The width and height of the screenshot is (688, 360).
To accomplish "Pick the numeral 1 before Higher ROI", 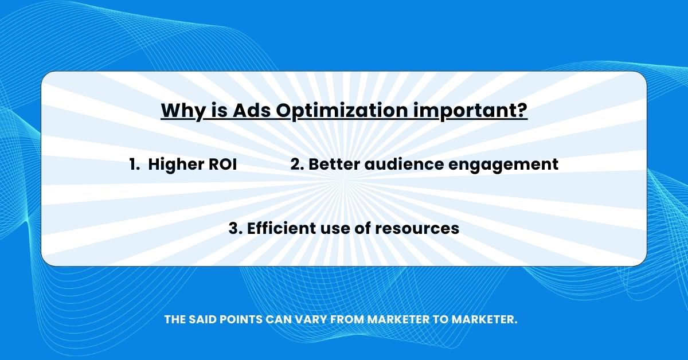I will [133, 165].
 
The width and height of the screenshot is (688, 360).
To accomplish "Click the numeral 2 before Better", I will [296, 165].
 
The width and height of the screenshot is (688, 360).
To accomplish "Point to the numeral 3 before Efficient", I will [234, 228].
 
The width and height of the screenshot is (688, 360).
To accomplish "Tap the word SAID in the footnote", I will [201, 319].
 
